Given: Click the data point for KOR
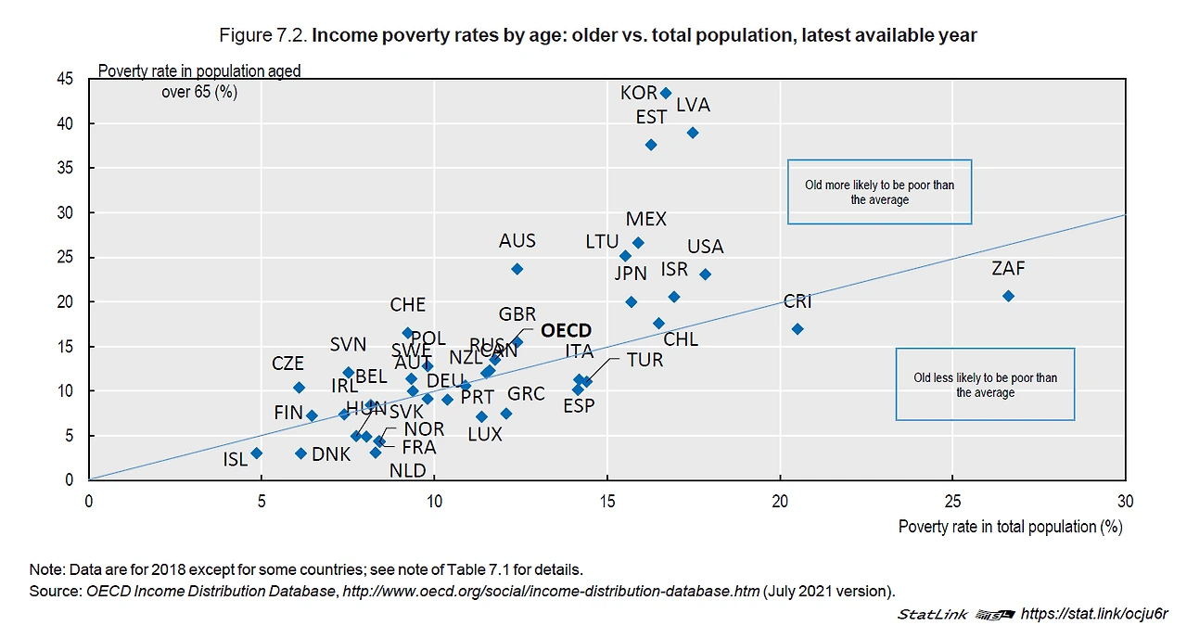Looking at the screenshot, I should (665, 93).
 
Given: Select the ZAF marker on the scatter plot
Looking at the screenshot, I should (1008, 296).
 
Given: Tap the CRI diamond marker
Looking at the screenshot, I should (798, 329).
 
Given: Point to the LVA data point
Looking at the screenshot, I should (692, 133).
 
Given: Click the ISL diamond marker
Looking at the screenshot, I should (257, 453).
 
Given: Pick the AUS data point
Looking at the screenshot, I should (517, 269).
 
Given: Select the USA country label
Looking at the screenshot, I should (705, 247).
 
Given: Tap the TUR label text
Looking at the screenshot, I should (645, 360).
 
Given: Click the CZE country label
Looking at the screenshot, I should (287, 364).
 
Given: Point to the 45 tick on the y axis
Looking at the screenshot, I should (65, 80).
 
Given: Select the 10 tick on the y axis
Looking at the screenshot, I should (65, 391).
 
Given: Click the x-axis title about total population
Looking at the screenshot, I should (1010, 527).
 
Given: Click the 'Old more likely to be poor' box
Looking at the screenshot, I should (879, 192).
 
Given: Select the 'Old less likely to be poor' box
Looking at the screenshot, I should (985, 385).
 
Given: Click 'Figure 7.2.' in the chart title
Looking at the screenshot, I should (262, 36).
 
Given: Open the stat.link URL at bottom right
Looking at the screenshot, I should (1093, 614).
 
